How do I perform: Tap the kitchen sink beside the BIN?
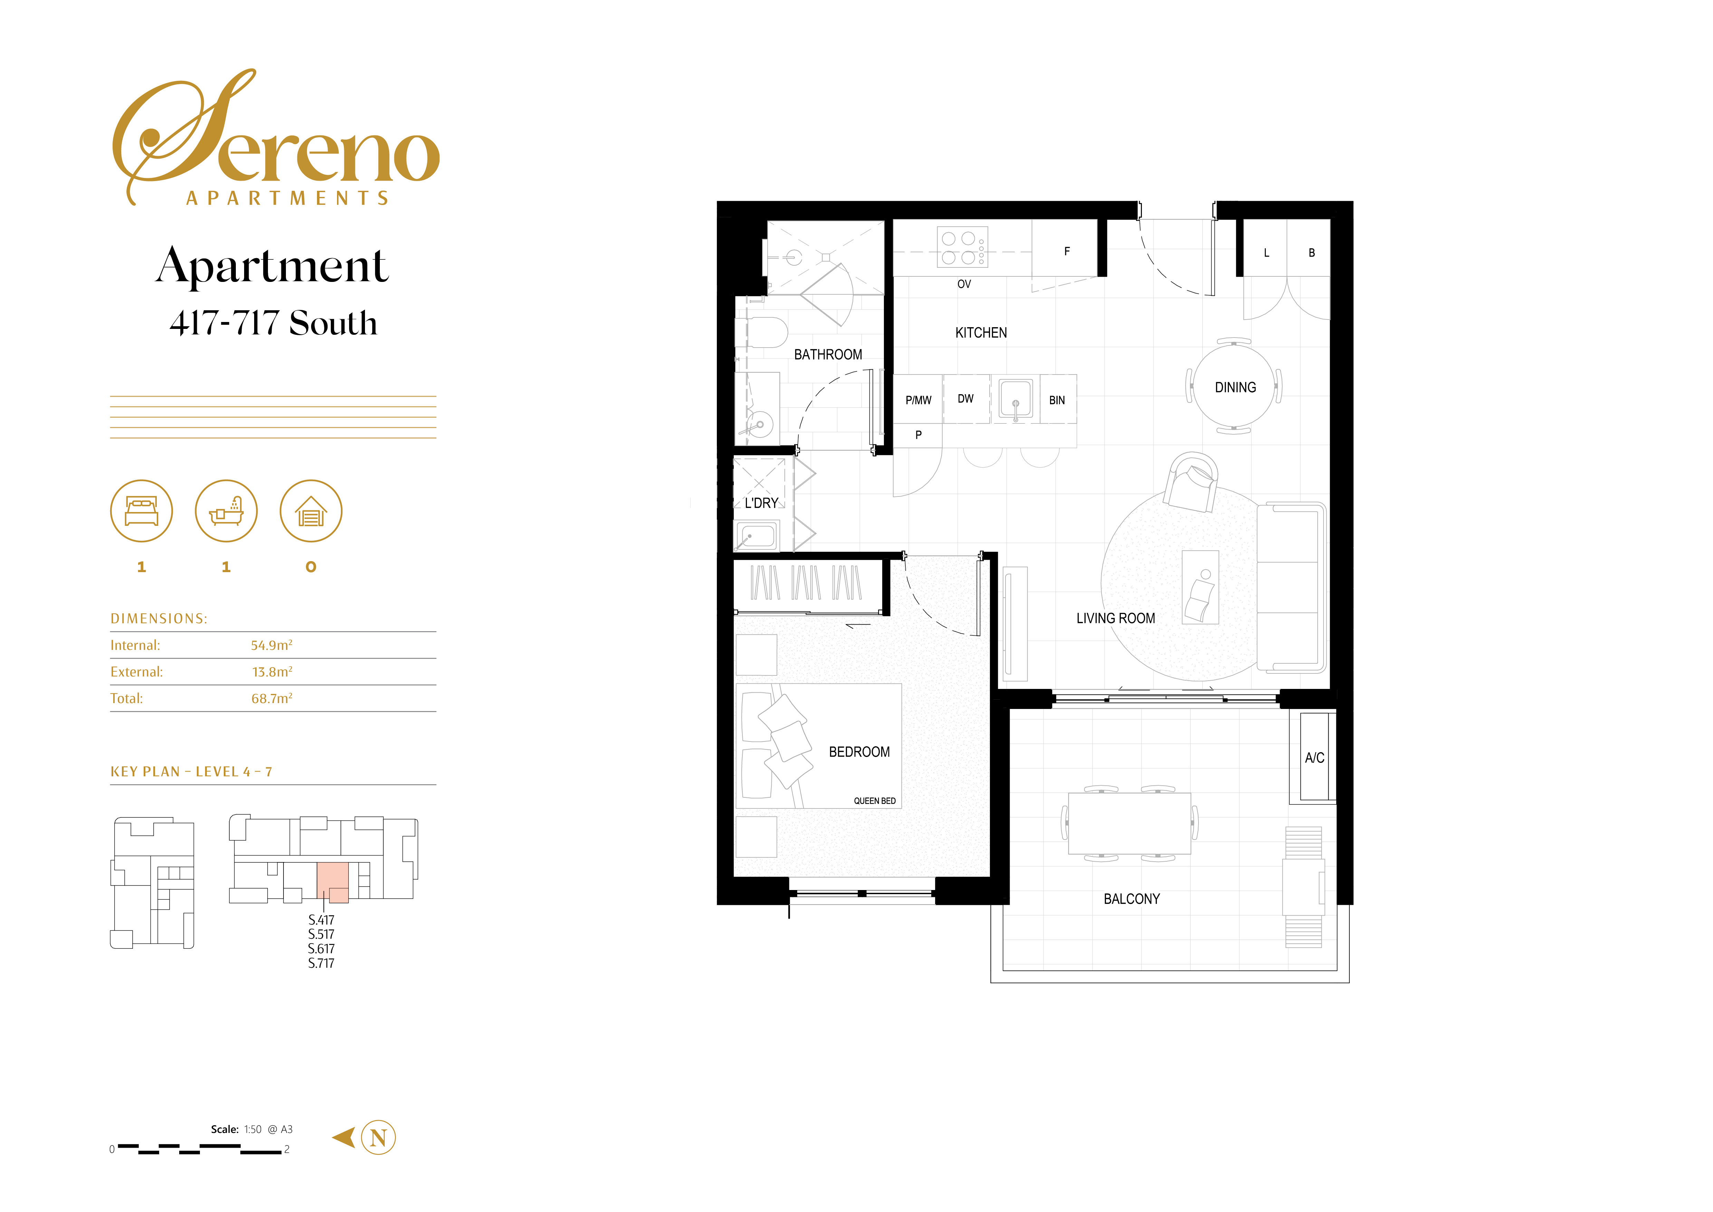pyautogui.click(x=1016, y=398)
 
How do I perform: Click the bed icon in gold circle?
pyautogui.click(x=142, y=511)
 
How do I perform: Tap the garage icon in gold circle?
pyautogui.click(x=311, y=511)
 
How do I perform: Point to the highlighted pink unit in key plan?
pyautogui.click(x=333, y=881)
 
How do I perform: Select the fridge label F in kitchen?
pyautogui.click(x=1067, y=252)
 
